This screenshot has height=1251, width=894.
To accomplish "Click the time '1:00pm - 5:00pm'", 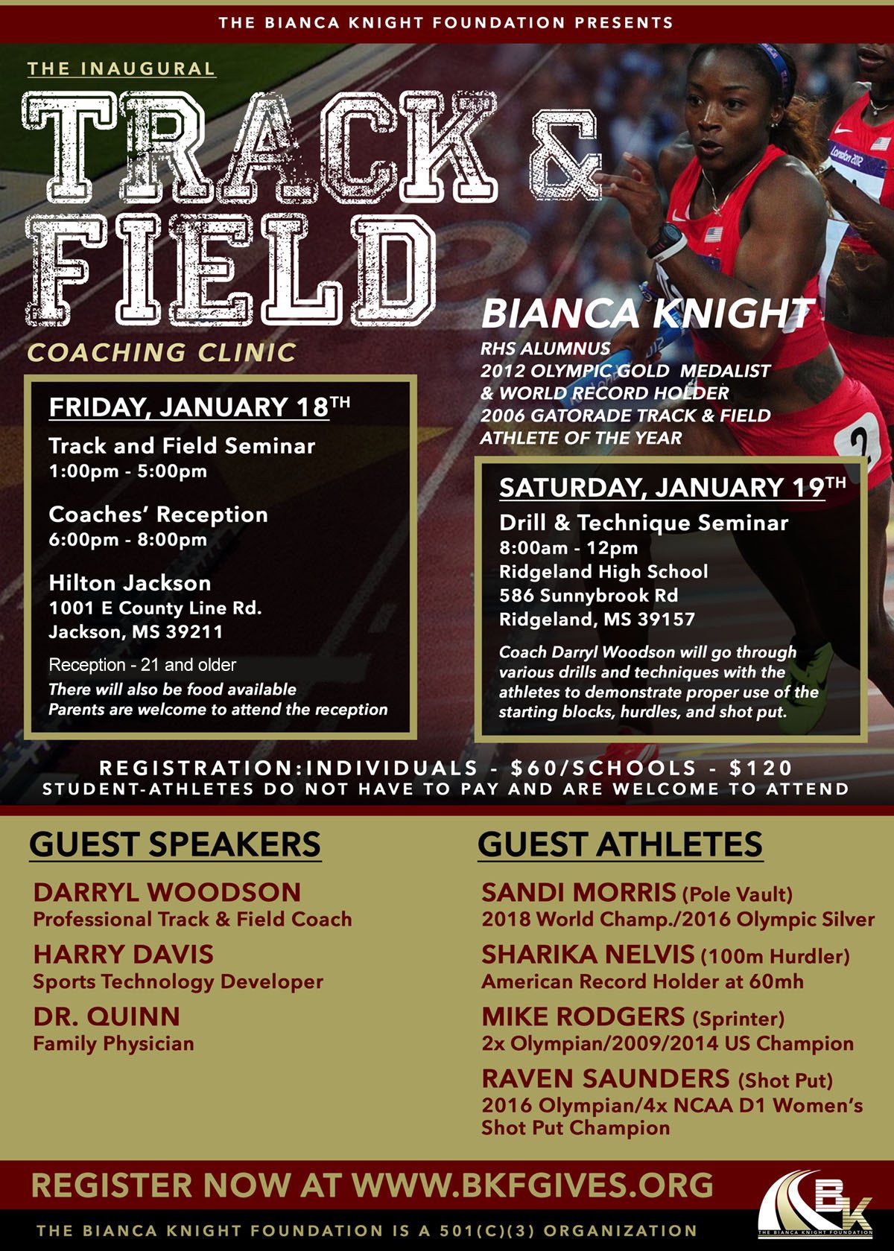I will point(127,471).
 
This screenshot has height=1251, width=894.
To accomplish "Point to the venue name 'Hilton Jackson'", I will point(130,582).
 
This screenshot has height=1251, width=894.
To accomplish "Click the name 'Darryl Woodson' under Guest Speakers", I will point(167,891).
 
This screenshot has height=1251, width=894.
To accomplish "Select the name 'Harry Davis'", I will point(123,954).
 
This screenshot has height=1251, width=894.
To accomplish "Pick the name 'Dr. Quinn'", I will point(107,1016).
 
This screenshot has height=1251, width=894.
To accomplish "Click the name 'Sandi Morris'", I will point(578,891).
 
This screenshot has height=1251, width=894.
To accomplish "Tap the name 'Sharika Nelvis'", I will point(588,954).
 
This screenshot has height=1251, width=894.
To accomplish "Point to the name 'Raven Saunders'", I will point(606,1078).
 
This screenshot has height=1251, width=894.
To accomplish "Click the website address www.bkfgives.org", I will point(532,1185).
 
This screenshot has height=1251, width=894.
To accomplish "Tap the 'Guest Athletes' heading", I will point(620,844).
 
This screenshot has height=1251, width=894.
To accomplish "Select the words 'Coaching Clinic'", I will point(162,352).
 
